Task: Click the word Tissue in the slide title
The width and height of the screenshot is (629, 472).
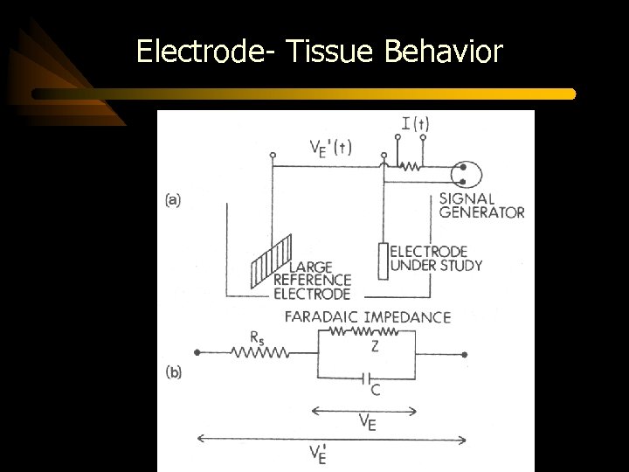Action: pyautogui.click(x=328, y=52)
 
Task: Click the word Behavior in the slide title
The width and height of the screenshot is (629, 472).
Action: pyautogui.click(x=443, y=52)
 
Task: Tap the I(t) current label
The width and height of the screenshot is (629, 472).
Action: pyautogui.click(x=414, y=124)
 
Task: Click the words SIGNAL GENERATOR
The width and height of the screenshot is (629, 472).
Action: pyautogui.click(x=480, y=205)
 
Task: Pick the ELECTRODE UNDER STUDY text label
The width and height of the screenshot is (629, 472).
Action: pyautogui.click(x=436, y=258)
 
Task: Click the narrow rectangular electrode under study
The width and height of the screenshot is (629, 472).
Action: pyautogui.click(x=383, y=260)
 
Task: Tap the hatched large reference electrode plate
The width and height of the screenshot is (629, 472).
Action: pyautogui.click(x=272, y=259)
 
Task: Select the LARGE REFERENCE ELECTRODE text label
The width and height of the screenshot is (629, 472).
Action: pyautogui.click(x=312, y=280)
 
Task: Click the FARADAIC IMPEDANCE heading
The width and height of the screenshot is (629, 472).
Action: pyautogui.click(x=367, y=316)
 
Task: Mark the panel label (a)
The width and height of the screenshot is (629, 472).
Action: pyautogui.click(x=173, y=199)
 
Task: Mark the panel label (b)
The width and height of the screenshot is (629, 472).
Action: pyautogui.click(x=173, y=371)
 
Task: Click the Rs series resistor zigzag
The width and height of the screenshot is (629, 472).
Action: pyautogui.click(x=259, y=353)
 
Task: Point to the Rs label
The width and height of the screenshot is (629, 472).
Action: pyautogui.click(x=256, y=336)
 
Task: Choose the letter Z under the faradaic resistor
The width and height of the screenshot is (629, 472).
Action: pyautogui.click(x=374, y=346)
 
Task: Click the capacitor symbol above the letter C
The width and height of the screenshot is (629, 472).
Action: pyautogui.click(x=363, y=378)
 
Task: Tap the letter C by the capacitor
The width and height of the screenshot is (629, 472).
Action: pyautogui.click(x=376, y=390)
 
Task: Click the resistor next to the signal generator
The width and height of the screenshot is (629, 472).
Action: pyautogui.click(x=408, y=164)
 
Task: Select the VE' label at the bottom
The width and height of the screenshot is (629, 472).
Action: pyautogui.click(x=317, y=455)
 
